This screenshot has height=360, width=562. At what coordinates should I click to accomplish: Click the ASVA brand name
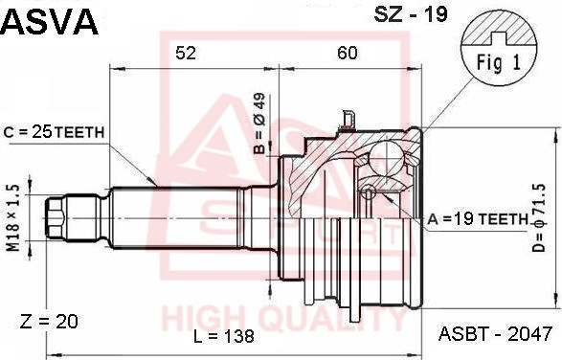point(49,21)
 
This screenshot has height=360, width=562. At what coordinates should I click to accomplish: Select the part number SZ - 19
point(411,14)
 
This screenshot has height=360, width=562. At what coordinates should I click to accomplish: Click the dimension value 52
point(186,53)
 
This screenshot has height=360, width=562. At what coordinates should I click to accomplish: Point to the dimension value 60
point(348,53)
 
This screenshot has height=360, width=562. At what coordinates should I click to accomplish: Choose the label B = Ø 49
point(259,124)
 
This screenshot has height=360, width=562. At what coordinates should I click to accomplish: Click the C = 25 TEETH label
point(54,132)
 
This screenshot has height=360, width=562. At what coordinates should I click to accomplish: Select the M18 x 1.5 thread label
point(13,218)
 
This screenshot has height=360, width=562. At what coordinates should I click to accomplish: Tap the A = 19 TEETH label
point(478,219)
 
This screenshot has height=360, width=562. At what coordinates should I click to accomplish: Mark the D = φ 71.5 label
point(538,217)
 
